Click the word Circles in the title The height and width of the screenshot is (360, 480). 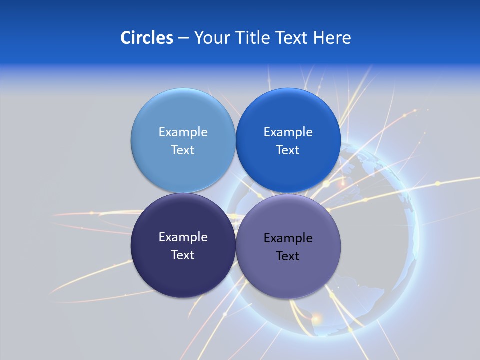(x=146, y=37)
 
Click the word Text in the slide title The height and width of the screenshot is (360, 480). (x=292, y=37)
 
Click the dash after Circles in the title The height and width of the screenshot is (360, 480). (x=183, y=38)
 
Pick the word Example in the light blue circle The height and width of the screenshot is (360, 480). (x=183, y=132)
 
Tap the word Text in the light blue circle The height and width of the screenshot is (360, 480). (x=183, y=150)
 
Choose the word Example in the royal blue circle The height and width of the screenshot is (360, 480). (x=288, y=132)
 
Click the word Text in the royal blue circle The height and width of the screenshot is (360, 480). (x=288, y=150)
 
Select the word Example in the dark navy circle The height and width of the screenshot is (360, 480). (x=183, y=237)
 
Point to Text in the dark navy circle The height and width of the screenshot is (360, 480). (x=183, y=255)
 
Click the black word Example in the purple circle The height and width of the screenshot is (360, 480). (x=288, y=238)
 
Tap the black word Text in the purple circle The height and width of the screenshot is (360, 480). (x=288, y=256)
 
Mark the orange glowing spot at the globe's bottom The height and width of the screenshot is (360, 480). (x=316, y=317)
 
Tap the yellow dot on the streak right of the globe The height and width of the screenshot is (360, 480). (x=438, y=183)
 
